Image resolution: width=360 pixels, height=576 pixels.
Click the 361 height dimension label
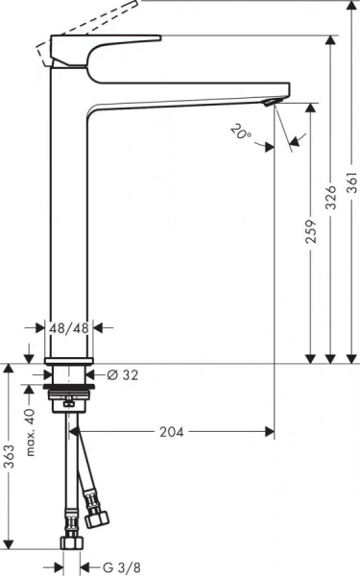351,180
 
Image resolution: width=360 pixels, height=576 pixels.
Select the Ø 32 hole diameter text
122,374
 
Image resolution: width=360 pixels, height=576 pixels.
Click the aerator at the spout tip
271,102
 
